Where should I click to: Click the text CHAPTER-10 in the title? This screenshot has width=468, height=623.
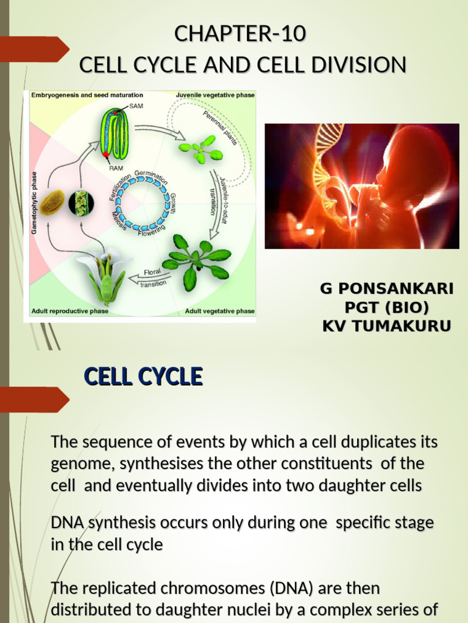click(239, 35)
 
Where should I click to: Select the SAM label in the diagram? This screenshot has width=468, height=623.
click(136, 105)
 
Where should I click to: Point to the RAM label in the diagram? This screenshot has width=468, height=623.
click(115, 167)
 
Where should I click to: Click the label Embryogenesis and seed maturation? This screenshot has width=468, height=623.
click(87, 95)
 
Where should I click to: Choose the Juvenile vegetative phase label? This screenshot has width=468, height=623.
click(215, 95)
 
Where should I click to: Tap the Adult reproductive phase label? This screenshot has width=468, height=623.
click(70, 311)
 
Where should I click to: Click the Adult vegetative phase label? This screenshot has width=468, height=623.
click(219, 311)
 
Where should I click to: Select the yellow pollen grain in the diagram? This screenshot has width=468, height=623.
click(52, 203)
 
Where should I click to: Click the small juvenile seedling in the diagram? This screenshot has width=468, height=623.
click(200, 148)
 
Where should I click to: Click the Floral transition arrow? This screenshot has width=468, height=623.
click(153, 277)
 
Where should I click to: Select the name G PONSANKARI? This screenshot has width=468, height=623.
click(386, 288)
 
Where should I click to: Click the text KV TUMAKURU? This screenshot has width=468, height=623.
click(386, 326)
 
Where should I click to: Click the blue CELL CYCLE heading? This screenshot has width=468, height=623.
click(143, 377)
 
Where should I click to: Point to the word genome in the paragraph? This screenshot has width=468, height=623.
click(82, 464)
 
